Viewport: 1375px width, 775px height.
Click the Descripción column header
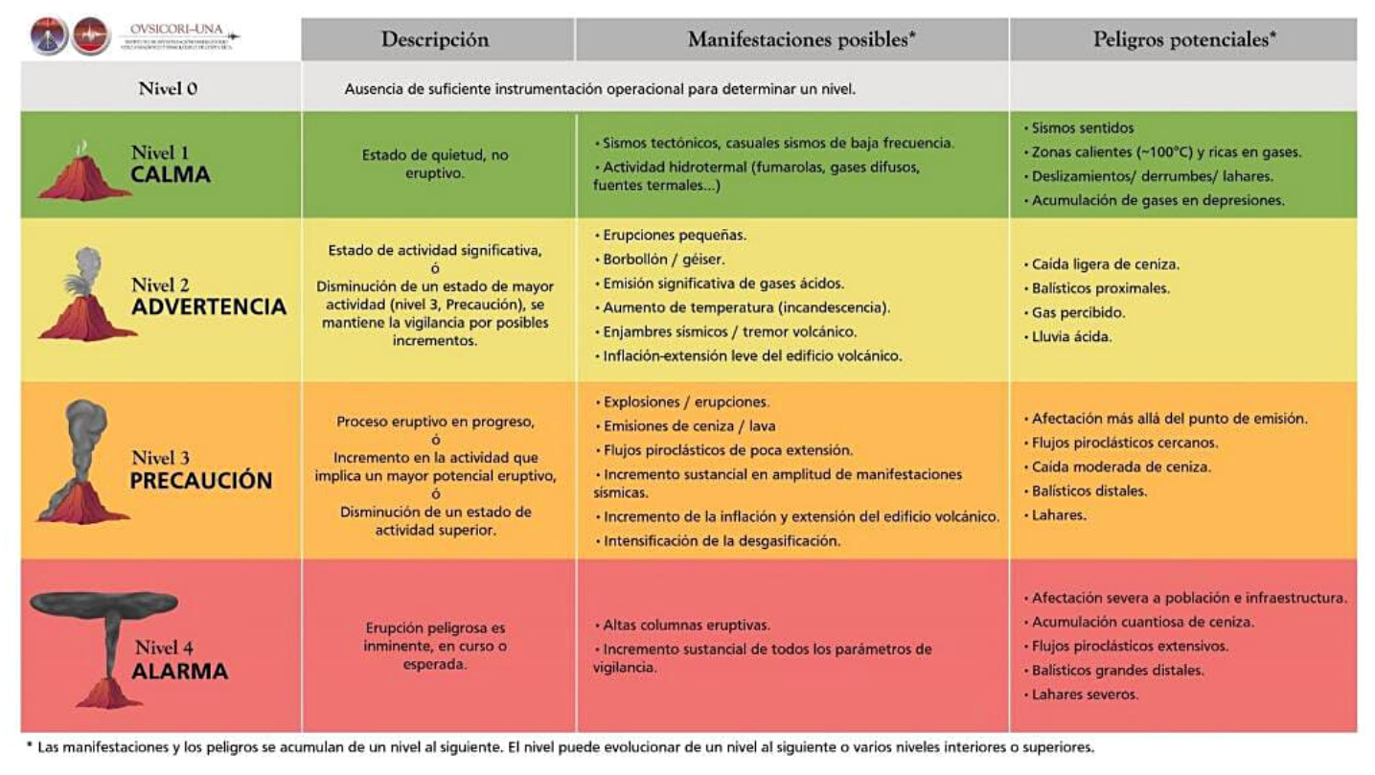tap(435, 39)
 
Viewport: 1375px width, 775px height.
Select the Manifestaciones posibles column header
tap(801, 39)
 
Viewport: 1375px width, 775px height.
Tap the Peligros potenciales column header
tap(1184, 39)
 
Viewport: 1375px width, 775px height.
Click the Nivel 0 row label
tap(168, 89)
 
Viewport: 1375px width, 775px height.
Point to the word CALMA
tap(171, 174)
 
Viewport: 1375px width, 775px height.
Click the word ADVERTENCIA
tap(209, 307)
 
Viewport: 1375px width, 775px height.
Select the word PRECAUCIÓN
tap(201, 480)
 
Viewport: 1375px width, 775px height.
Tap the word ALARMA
tap(180, 671)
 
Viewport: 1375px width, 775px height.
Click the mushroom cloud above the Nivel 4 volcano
tap(103, 604)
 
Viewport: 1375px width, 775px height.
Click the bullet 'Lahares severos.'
tap(1085, 695)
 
